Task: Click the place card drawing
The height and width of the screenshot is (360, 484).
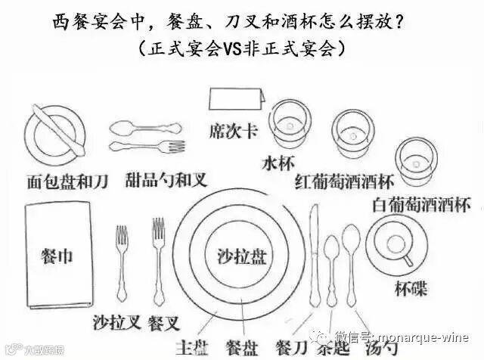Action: point(235,99)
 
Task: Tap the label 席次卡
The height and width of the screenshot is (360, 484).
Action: point(234,132)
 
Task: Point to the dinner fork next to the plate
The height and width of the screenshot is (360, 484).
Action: point(158,257)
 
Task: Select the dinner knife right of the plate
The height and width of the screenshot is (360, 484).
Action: point(316,257)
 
